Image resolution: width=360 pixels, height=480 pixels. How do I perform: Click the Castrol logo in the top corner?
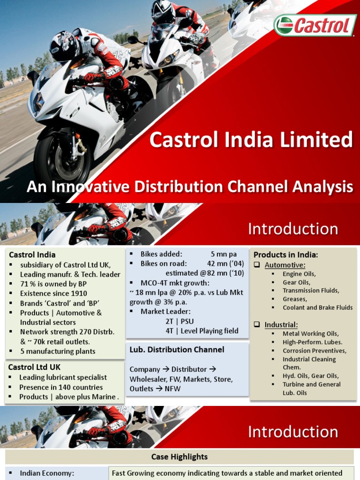click(315, 25)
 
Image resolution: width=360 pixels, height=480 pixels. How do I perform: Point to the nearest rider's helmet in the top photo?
click(64, 46)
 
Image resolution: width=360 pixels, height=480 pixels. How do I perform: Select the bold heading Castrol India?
click(32, 255)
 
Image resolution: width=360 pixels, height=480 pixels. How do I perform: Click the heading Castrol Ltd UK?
click(34, 367)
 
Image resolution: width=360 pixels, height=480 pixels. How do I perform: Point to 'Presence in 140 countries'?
click(61, 387)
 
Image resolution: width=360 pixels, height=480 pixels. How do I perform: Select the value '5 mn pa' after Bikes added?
click(224, 254)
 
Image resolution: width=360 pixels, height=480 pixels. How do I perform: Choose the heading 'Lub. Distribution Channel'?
click(177, 350)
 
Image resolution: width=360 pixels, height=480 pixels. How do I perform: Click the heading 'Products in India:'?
click(286, 255)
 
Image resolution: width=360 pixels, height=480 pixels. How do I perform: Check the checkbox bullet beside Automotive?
click(257, 265)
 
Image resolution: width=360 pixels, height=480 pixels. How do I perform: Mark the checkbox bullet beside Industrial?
click(257, 324)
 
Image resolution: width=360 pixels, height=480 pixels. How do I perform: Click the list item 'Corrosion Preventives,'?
click(315, 351)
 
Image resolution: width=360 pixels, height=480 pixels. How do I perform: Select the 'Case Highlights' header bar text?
click(180, 457)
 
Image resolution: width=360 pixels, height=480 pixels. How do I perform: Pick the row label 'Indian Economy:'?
click(47, 473)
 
